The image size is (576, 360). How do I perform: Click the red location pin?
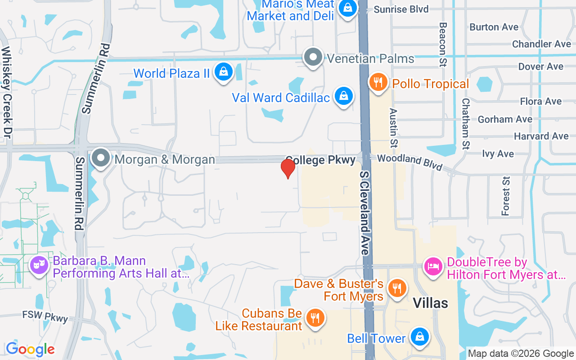coord(288,169)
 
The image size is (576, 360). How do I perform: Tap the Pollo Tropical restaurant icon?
coord(378,83)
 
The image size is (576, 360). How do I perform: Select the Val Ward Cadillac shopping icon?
coord(344,97)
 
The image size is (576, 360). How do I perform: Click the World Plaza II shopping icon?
coord(223,72)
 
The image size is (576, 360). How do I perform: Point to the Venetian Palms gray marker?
coord(313,58)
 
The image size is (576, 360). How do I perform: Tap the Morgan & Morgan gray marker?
coord(101,158)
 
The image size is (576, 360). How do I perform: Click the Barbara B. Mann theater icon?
coord(39,265)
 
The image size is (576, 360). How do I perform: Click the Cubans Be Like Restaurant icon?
coord(315,318)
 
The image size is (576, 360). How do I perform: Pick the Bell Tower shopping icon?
coord(419,337)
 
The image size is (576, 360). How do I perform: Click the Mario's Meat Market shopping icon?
coord(347,8)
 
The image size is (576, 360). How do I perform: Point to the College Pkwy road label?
coord(320,160)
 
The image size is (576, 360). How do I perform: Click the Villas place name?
coord(431,303)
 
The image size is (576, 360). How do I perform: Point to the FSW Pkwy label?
coord(45,316)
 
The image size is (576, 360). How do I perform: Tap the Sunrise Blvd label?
coord(401,9)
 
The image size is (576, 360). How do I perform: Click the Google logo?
coord(30,349)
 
